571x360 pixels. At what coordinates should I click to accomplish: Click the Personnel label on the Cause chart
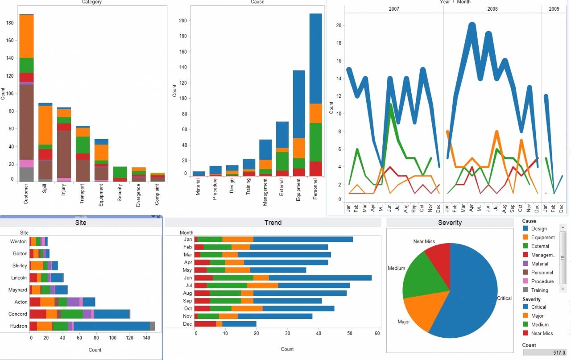[315, 189]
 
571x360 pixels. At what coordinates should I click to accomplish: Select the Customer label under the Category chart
[26, 194]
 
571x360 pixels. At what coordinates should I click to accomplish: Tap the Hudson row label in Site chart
[18, 326]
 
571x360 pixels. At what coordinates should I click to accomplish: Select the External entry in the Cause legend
[540, 246]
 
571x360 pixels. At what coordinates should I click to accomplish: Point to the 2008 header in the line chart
[492, 9]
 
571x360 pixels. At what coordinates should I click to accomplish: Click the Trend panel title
[273, 223]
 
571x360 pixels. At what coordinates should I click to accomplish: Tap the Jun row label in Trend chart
[188, 278]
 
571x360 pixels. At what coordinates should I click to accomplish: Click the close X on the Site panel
[158, 217]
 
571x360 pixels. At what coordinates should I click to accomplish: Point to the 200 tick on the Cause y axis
[182, 21]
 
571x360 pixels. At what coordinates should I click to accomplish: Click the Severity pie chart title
[450, 223]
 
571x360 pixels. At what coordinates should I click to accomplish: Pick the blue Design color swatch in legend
[526, 229]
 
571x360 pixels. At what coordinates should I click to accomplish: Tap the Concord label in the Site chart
[18, 314]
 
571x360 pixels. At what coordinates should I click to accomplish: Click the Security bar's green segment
[120, 172]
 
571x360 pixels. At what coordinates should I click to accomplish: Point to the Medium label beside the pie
[396, 268]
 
